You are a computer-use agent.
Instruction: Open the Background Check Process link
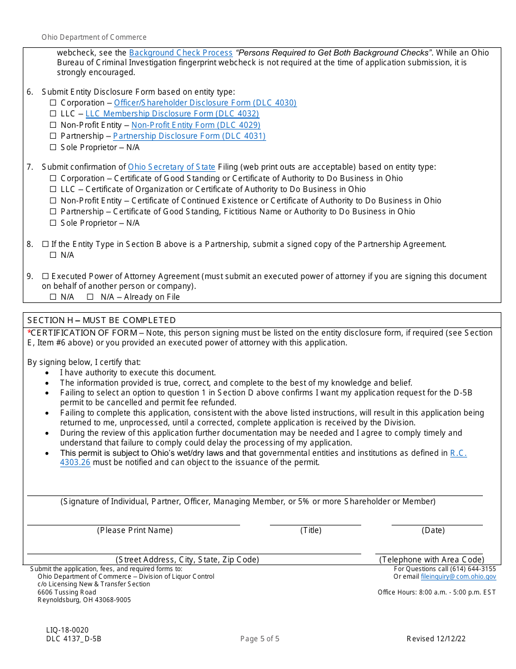(181, 53)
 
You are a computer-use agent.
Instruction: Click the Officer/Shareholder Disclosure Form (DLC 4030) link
(205, 103)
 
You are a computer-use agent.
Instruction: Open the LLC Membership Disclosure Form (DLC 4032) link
(172, 114)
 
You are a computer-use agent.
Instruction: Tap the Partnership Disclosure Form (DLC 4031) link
(189, 136)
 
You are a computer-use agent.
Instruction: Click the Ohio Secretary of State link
(172, 167)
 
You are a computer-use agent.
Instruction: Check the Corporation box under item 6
(53, 103)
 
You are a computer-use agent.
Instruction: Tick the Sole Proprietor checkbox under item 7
(53, 223)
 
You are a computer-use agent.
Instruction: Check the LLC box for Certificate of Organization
(53, 189)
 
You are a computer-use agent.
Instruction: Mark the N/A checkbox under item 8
(53, 255)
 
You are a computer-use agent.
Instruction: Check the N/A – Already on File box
(91, 297)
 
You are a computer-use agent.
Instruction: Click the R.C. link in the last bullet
(458, 453)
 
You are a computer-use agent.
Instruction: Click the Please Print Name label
(135, 530)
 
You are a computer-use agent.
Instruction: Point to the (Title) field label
(311, 530)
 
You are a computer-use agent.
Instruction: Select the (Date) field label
(433, 530)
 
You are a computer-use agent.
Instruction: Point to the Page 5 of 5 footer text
(260, 639)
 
